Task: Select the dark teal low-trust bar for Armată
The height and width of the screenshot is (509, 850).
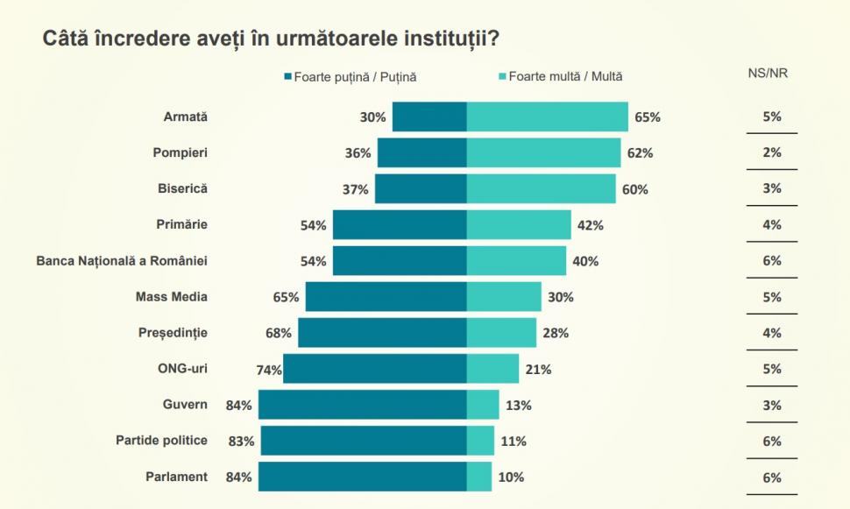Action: click(x=429, y=117)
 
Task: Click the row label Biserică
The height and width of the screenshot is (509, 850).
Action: click(x=182, y=188)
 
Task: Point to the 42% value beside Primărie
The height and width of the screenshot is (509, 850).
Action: click(x=591, y=225)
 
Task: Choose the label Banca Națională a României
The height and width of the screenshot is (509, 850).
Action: click(x=122, y=261)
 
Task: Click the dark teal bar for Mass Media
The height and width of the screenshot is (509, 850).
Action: click(x=386, y=297)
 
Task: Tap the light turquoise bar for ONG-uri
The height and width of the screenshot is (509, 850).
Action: click(x=492, y=369)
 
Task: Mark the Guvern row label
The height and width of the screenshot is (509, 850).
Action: click(x=185, y=405)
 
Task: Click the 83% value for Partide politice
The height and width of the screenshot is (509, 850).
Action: click(x=241, y=441)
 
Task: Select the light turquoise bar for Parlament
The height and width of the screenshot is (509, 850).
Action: click(x=479, y=477)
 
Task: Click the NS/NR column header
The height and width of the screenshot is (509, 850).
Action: click(x=771, y=74)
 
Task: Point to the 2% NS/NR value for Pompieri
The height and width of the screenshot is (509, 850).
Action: click(x=772, y=152)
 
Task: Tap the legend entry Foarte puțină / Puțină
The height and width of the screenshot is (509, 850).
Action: click(x=351, y=77)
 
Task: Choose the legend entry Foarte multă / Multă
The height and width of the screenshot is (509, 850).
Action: click(x=561, y=77)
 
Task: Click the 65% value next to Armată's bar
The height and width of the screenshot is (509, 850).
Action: click(x=648, y=117)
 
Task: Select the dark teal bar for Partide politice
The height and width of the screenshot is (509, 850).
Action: click(x=364, y=441)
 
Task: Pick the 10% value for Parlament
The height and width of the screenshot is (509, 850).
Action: click(x=511, y=477)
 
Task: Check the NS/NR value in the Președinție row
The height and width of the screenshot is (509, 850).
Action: click(x=772, y=333)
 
